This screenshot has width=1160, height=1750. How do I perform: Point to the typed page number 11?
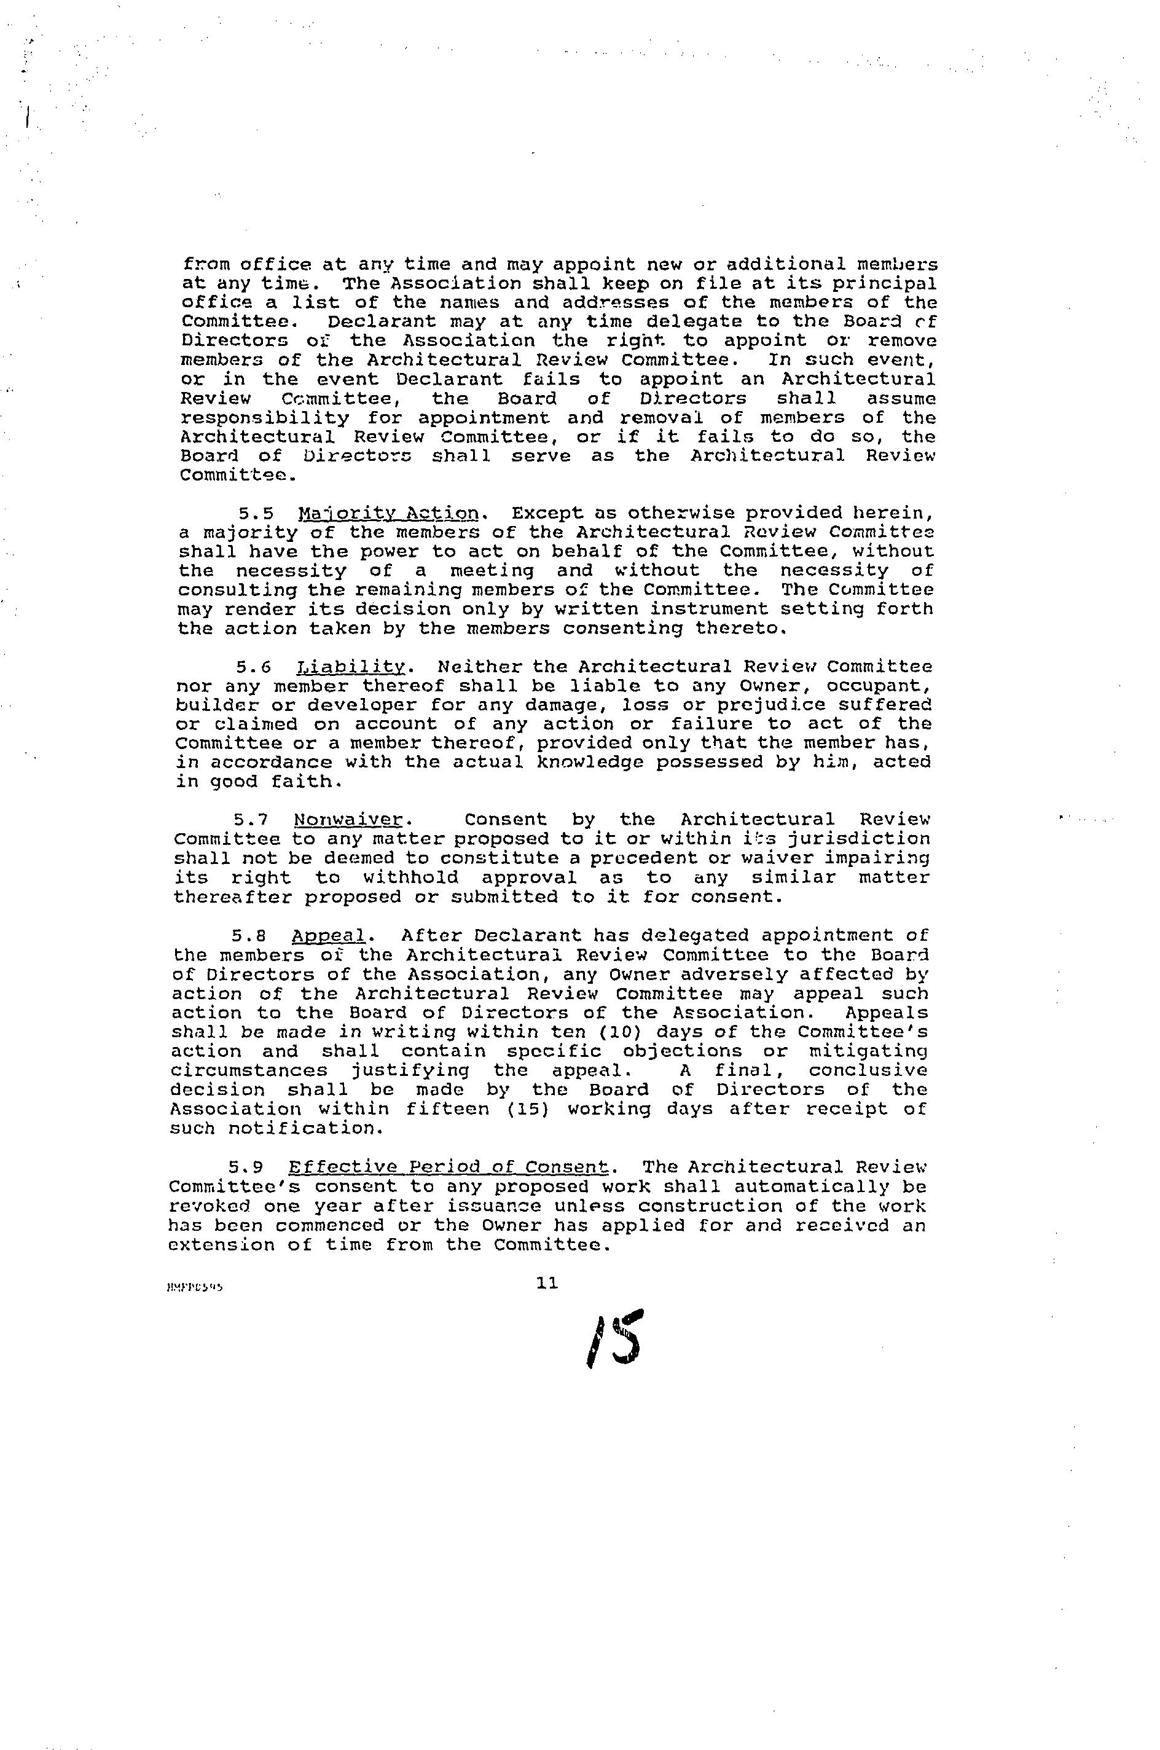pos(547,1283)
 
